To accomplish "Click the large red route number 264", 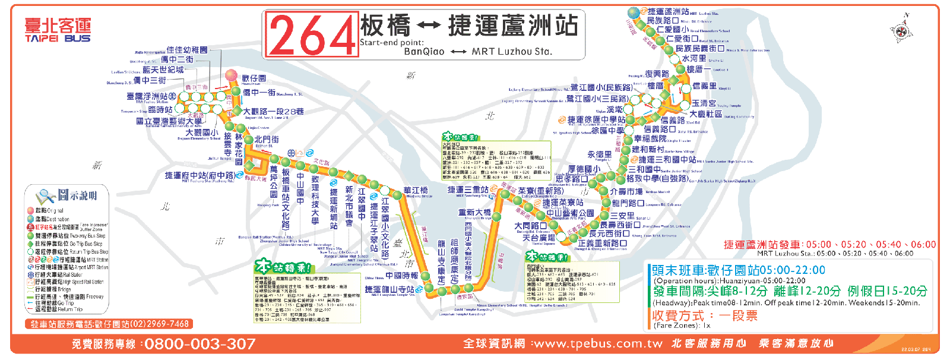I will [x=312, y=35].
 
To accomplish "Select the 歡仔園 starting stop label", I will [x=254, y=78].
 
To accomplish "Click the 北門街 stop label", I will [x=267, y=140].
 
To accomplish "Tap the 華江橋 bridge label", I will [x=416, y=191].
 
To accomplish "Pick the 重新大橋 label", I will [x=474, y=212].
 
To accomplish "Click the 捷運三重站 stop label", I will [x=468, y=190].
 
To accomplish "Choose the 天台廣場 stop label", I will [x=539, y=238].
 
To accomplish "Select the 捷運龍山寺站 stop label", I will [x=389, y=289].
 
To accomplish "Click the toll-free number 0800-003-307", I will [x=200, y=344].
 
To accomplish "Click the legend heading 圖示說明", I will [x=77, y=195].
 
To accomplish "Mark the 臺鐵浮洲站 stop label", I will [x=147, y=96].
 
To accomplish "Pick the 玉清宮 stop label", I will [x=704, y=103].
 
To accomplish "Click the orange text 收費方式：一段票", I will [x=705, y=315].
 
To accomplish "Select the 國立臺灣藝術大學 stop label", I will [x=169, y=121].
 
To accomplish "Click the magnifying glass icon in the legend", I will [x=45, y=196].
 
